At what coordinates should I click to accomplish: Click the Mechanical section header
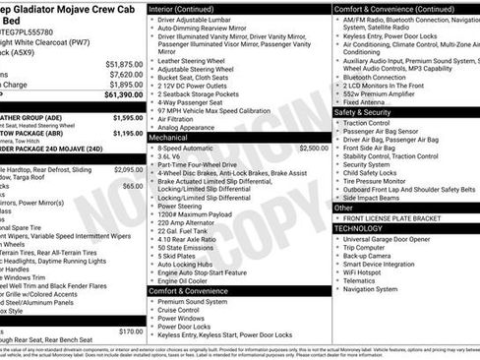pyautogui.click(x=168, y=138)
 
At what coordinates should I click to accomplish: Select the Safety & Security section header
pyautogui.click(x=363, y=112)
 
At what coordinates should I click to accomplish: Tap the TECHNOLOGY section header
pyautogui.click(x=360, y=227)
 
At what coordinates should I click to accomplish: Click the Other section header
pyautogui.click(x=343, y=208)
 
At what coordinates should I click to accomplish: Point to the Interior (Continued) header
pyautogui.click(x=190, y=8)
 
